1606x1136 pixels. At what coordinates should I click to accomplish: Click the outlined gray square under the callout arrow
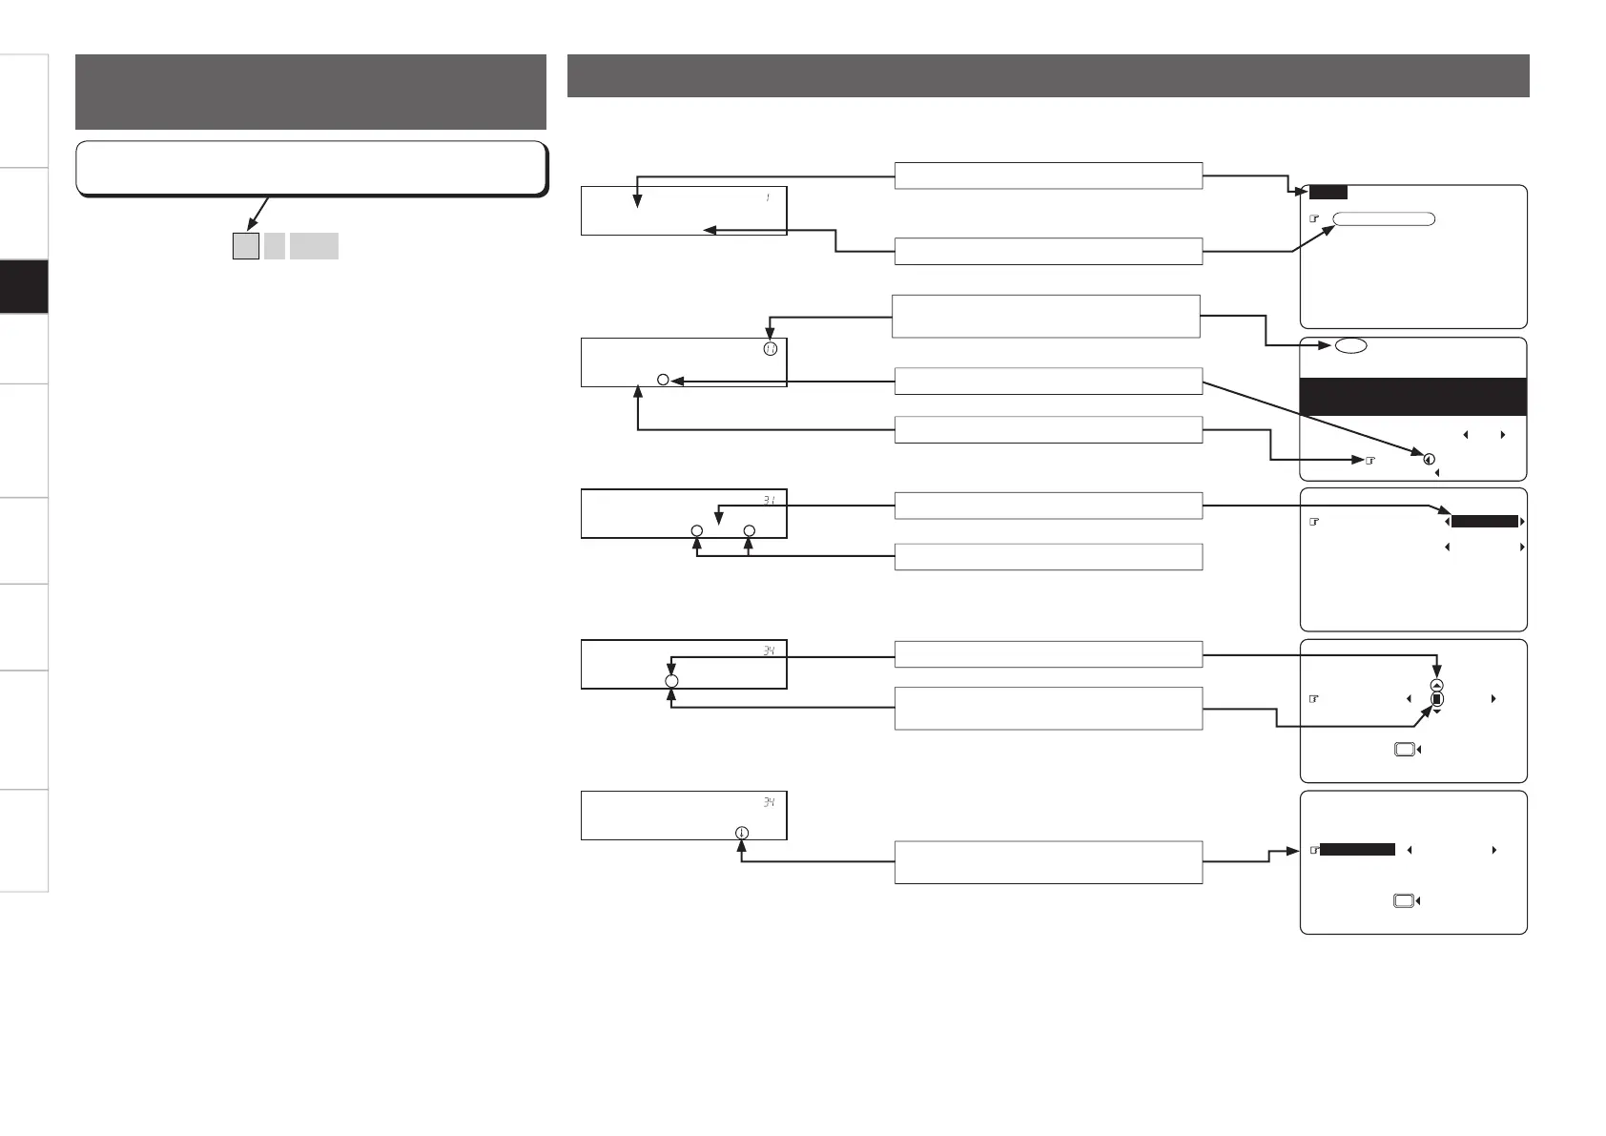246,246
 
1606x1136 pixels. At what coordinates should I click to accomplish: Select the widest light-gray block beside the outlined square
314,246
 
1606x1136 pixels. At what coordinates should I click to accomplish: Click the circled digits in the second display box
770,349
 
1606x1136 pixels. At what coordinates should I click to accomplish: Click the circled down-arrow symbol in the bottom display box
742,833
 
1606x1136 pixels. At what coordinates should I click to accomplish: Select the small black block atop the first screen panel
1328,192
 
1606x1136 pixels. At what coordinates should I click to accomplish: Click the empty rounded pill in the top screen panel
1383,218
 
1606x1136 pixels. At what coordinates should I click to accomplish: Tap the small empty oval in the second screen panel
1350,346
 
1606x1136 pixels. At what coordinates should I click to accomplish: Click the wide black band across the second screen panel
1413,397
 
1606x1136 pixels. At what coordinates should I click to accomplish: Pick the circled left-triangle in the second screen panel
1429,460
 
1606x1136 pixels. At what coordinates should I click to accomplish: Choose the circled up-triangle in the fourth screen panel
1437,685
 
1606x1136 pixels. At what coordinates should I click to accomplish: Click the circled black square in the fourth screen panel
1437,699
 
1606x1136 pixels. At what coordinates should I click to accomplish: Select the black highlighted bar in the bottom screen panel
1358,850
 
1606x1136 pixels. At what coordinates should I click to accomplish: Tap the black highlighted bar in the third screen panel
1484,522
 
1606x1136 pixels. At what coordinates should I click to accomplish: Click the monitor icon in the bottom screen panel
1403,901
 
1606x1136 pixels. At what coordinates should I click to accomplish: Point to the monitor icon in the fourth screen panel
1403,751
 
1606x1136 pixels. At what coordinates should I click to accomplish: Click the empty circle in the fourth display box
671,681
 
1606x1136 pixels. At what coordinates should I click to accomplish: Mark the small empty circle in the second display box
663,381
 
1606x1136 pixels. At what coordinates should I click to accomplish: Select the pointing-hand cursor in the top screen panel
1314,218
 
